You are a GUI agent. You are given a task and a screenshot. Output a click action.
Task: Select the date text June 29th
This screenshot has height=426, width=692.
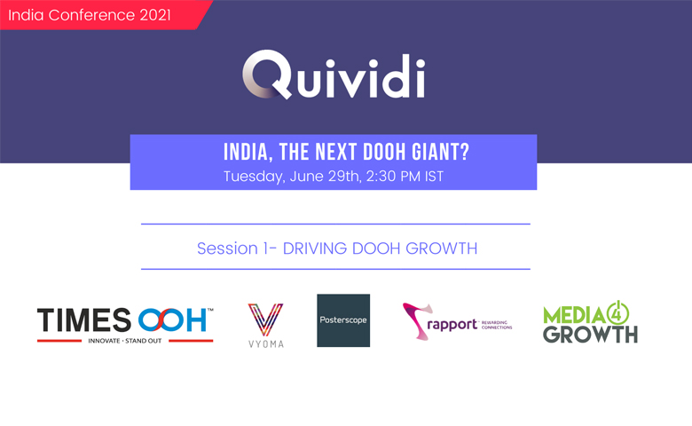coord(326,176)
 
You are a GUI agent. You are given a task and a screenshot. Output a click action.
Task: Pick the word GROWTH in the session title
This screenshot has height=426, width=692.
coord(441,248)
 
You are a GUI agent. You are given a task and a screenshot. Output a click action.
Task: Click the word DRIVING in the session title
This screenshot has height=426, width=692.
coord(315,248)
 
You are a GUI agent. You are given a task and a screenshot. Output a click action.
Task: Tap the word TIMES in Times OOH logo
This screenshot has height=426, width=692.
coord(84,320)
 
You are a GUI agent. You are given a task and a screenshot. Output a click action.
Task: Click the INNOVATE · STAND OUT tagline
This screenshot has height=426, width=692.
coord(125,341)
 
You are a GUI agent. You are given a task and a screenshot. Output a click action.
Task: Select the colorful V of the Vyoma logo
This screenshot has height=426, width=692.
coord(265,319)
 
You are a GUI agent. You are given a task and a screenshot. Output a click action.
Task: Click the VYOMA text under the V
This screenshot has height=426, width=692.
coord(265,343)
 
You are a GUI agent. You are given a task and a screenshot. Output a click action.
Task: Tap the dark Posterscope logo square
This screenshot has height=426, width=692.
coord(343,320)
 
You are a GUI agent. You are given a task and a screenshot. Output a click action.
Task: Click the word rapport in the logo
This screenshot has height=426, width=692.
coord(452,325)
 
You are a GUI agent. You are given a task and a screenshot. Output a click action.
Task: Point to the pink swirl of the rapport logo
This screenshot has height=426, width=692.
coord(417,321)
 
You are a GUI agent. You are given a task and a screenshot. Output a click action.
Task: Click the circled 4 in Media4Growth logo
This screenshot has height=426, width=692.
coord(617,313)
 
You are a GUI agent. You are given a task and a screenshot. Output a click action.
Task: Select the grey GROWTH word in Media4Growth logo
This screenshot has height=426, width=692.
coord(590,335)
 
